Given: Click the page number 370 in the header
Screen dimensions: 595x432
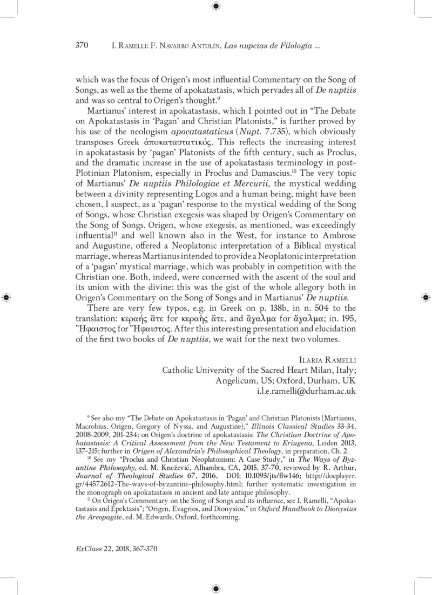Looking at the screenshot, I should [81, 46].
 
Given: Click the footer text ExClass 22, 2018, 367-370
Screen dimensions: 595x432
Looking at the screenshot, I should [117, 549].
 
